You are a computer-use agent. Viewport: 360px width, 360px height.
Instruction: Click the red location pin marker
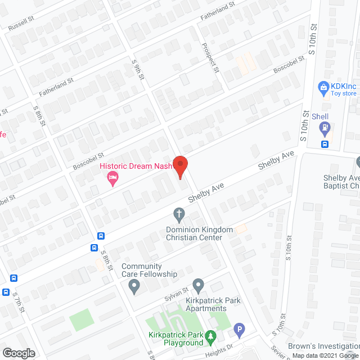tap(180, 166)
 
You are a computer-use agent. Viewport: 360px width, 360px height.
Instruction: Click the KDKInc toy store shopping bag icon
tap(323, 87)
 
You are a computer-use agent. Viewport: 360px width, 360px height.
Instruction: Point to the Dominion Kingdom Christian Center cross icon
tap(179, 214)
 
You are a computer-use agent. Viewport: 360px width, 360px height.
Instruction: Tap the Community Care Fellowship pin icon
tap(134, 287)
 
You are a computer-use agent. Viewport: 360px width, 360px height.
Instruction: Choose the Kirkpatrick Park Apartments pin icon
tap(198, 286)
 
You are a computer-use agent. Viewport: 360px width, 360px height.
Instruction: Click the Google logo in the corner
tap(18, 353)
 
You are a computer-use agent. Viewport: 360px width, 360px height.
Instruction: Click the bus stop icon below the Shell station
tap(325, 144)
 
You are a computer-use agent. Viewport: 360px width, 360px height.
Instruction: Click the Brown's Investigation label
tap(323, 346)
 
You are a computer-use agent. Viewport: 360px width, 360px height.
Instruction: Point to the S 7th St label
tap(20, 307)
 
